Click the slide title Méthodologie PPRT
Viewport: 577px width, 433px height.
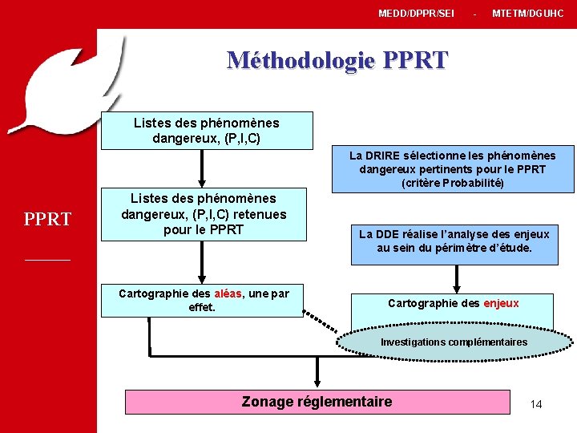[x=337, y=60]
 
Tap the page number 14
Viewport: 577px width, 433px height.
[x=536, y=404]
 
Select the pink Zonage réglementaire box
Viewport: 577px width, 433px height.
[x=317, y=402]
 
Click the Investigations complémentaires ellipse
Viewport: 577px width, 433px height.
[x=454, y=342]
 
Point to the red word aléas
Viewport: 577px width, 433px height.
[x=228, y=293]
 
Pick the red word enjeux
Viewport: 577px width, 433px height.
[x=501, y=303]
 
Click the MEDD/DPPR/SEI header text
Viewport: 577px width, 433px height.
[x=416, y=14]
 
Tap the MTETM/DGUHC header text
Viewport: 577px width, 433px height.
[x=527, y=14]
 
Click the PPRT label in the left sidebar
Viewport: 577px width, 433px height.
[x=47, y=219]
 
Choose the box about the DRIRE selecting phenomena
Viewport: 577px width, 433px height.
[x=454, y=169]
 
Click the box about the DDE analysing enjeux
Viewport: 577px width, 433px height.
[x=454, y=241]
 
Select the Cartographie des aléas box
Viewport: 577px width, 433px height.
[x=204, y=301]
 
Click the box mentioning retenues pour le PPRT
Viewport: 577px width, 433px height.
[x=204, y=214]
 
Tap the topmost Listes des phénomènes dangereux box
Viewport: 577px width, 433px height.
[x=206, y=130]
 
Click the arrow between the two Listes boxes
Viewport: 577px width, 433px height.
[x=203, y=168]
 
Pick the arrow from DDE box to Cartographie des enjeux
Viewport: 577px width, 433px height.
[x=457, y=279]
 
